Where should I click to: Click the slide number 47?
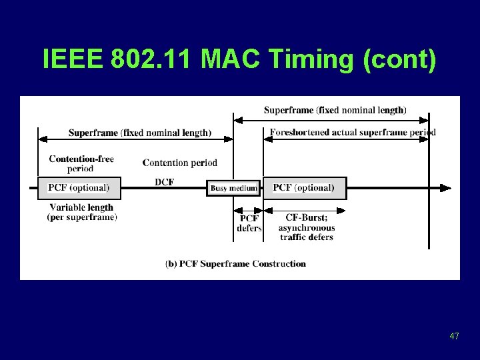click(x=454, y=337)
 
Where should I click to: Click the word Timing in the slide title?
click(x=311, y=59)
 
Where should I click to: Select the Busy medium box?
click(x=233, y=188)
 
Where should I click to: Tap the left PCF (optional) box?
click(x=79, y=187)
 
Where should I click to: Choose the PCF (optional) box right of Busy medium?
click(x=304, y=187)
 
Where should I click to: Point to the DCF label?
click(x=164, y=182)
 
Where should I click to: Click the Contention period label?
click(x=180, y=163)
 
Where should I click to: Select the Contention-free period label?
click(x=81, y=163)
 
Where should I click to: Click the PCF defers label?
click(x=249, y=223)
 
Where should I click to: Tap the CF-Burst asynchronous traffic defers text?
click(x=307, y=227)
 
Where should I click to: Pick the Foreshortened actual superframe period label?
click(x=353, y=132)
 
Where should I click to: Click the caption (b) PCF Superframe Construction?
click(x=235, y=263)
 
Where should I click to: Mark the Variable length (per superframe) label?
click(x=81, y=212)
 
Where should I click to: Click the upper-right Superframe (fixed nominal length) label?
click(x=335, y=110)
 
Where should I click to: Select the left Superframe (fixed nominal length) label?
click(x=139, y=133)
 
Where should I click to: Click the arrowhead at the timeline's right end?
click(x=447, y=188)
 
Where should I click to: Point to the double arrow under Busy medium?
click(x=248, y=209)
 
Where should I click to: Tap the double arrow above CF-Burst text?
click(x=305, y=210)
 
